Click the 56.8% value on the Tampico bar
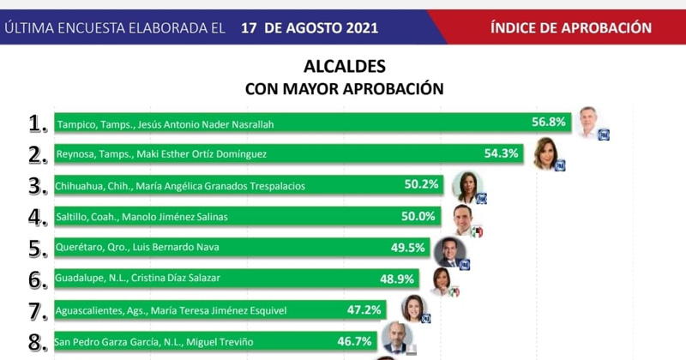[549, 123]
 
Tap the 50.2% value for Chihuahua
[422, 184]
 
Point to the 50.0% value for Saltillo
[418, 216]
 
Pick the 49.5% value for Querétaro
[409, 247]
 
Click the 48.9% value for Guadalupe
[398, 279]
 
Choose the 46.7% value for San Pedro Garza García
[354, 341]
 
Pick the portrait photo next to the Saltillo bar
[464, 219]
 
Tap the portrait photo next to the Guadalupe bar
[442, 280]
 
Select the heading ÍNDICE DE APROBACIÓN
[571, 27]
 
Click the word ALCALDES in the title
[345, 67]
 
